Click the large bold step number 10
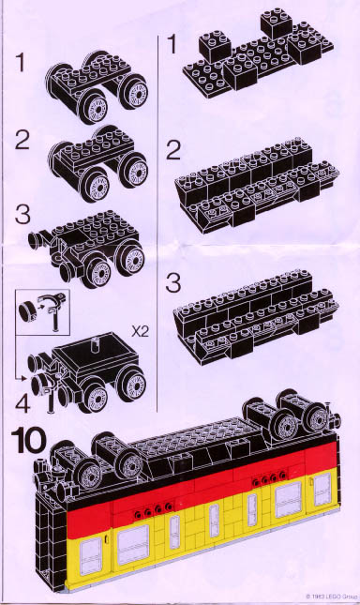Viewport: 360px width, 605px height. (x=28, y=441)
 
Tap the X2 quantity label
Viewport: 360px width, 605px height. (x=140, y=331)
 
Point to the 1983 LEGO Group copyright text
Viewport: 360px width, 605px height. (x=332, y=597)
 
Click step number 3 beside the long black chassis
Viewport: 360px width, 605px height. (x=172, y=283)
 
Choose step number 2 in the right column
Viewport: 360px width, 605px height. (x=173, y=150)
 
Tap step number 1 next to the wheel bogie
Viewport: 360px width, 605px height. (x=21, y=63)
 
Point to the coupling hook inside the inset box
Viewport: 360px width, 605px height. (x=54, y=309)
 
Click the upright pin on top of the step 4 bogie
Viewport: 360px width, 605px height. (x=95, y=343)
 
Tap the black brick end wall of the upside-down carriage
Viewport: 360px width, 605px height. (x=51, y=540)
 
